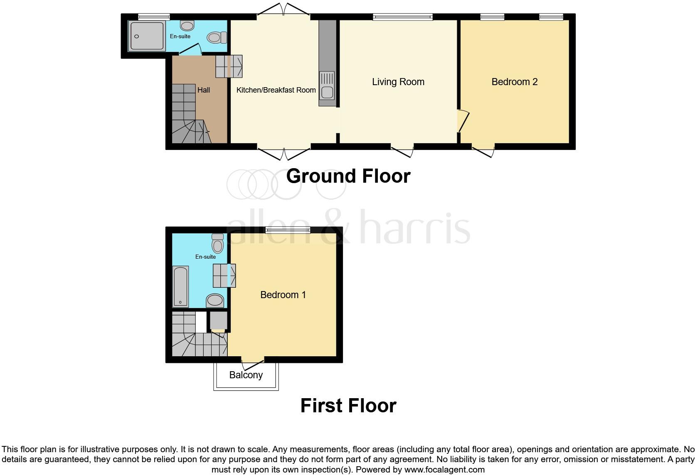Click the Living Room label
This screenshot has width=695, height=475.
pos(398,82)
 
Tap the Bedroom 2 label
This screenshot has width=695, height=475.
pos(514,82)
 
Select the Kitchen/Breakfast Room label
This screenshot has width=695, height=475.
pos(276,90)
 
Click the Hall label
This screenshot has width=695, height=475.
pos(203,90)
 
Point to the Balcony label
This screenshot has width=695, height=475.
pos(246,375)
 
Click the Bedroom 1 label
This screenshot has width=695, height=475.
pos(283,295)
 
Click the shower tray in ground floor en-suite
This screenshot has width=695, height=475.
pos(146,36)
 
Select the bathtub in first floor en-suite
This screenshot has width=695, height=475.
pos(180,286)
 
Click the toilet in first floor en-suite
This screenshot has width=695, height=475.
pos(217,243)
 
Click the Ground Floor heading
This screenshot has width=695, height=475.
pos(348,176)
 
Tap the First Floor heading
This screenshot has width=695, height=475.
pos(348,406)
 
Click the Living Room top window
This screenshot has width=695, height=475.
pos(402,17)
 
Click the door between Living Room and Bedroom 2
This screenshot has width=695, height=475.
pos(462,121)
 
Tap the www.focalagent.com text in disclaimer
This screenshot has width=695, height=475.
pos(444,470)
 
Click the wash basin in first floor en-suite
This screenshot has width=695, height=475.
pos(215,300)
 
